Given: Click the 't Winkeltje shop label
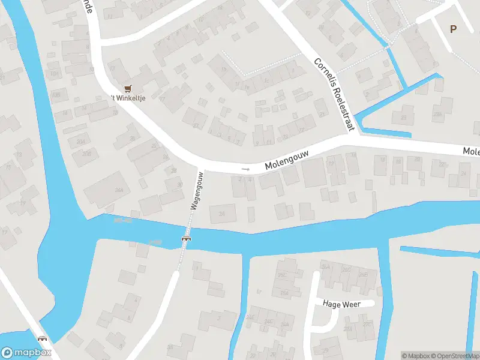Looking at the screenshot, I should pyautogui.click(x=128, y=98).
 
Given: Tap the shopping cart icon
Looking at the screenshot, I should pyautogui.click(x=127, y=88).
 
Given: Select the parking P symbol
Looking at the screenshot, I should pyautogui.click(x=453, y=29).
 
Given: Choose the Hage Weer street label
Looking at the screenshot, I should pyautogui.click(x=341, y=304).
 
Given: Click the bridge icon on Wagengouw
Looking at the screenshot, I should pyautogui.click(x=186, y=239).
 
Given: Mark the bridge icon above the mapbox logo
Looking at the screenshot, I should pyautogui.click(x=43, y=339).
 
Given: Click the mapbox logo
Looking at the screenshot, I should pyautogui.click(x=26, y=353).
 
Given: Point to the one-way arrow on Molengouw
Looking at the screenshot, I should pyautogui.click(x=245, y=169).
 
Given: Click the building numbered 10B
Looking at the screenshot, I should pyautogui.click(x=56, y=95).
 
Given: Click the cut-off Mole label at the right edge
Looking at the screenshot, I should pyautogui.click(x=471, y=152).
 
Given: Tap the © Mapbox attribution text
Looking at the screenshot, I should pyautogui.click(x=416, y=356).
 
